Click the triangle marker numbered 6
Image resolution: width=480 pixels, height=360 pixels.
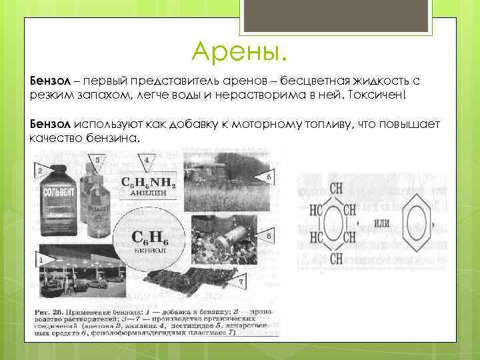pos(267,237)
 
